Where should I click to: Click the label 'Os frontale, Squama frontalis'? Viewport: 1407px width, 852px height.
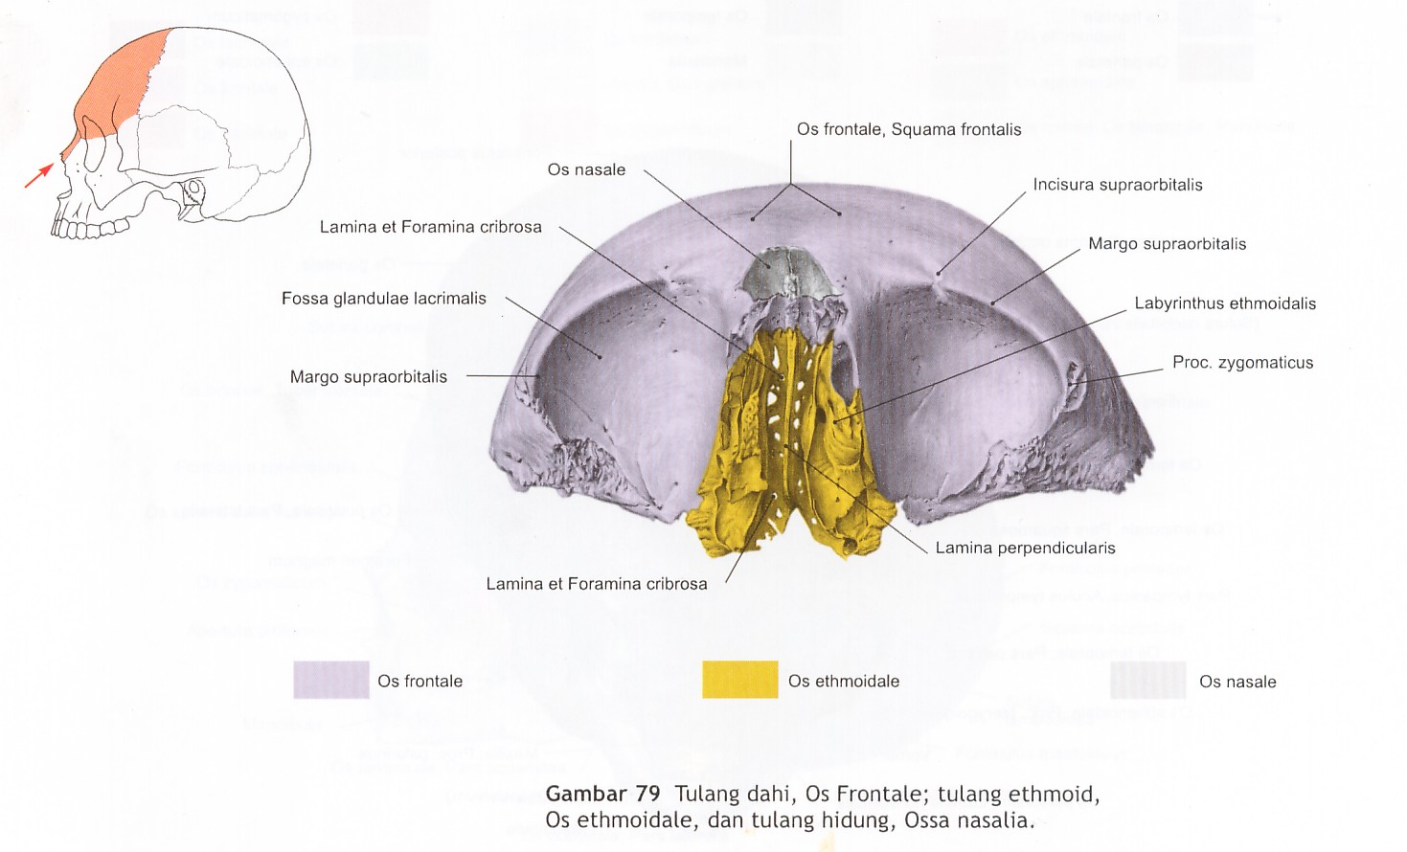click(x=909, y=129)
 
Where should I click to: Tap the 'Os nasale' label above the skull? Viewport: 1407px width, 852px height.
click(x=586, y=169)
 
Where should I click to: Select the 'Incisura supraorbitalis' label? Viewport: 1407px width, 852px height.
click(x=1117, y=185)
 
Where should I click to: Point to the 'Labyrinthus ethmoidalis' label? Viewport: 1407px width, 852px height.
click(x=1224, y=303)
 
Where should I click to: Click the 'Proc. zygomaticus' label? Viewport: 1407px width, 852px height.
click(x=1242, y=363)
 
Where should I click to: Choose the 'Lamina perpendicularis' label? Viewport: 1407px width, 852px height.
click(x=1025, y=549)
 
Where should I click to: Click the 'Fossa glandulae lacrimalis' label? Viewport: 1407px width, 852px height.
click(x=383, y=299)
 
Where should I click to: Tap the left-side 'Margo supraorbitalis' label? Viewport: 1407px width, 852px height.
click(x=368, y=377)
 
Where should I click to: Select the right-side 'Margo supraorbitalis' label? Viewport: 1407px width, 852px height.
click(x=1167, y=244)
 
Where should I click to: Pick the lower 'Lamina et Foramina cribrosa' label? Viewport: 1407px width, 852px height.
click(x=596, y=584)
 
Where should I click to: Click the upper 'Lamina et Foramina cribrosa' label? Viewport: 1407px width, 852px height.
click(x=430, y=227)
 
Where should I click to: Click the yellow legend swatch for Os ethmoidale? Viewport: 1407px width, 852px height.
click(x=739, y=680)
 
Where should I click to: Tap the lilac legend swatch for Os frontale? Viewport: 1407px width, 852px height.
click(x=330, y=680)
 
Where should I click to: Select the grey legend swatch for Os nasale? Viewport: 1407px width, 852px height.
click(x=1147, y=681)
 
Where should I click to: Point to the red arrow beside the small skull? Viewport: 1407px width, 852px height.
click(x=39, y=174)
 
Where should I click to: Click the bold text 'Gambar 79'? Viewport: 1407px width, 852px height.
click(x=602, y=794)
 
